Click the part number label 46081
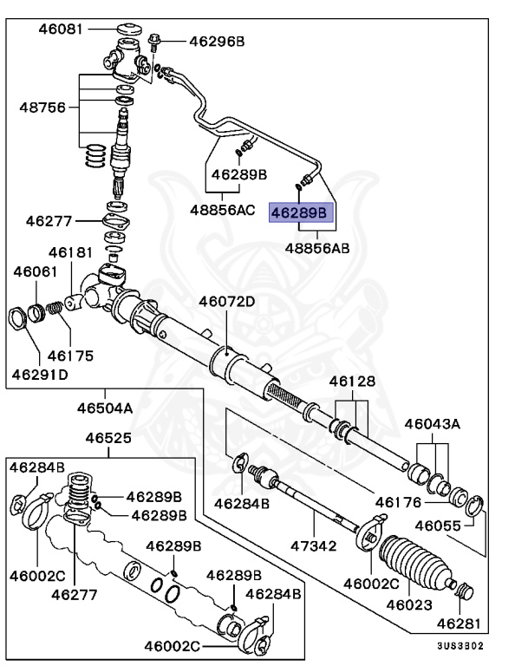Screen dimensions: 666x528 pos(60,29)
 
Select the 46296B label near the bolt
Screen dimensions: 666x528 pos(217,41)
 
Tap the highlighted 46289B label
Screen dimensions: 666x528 pos(299,212)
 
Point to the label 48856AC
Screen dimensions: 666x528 pos(223,209)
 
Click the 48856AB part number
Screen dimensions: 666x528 pos(317,247)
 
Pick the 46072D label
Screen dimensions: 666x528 pos(227,302)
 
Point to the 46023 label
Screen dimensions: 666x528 pos(409,604)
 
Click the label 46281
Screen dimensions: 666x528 pos(458,624)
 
